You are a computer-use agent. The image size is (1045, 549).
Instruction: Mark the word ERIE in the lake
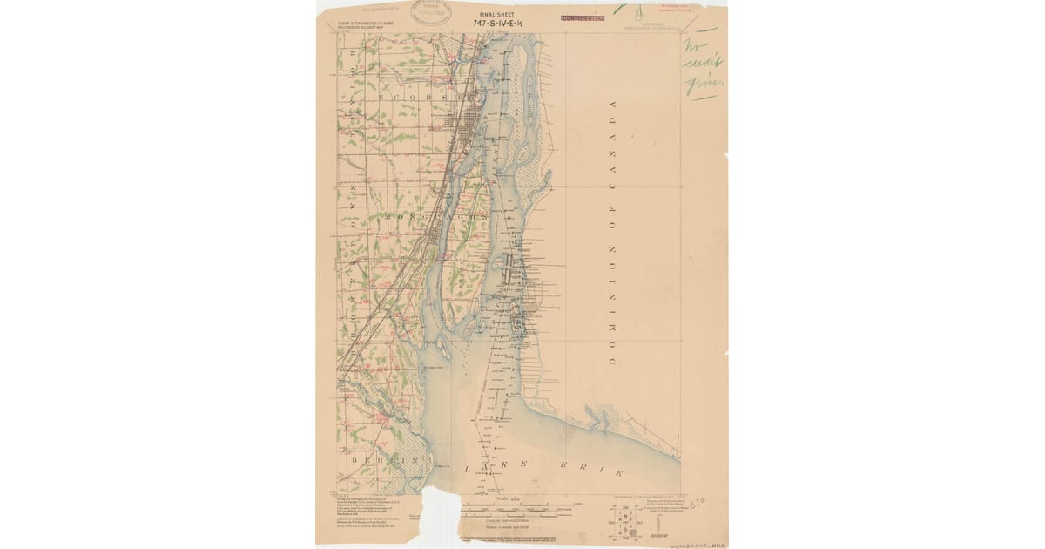(x=593, y=471)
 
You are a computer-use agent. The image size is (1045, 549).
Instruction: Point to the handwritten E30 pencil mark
(x=697, y=503)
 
